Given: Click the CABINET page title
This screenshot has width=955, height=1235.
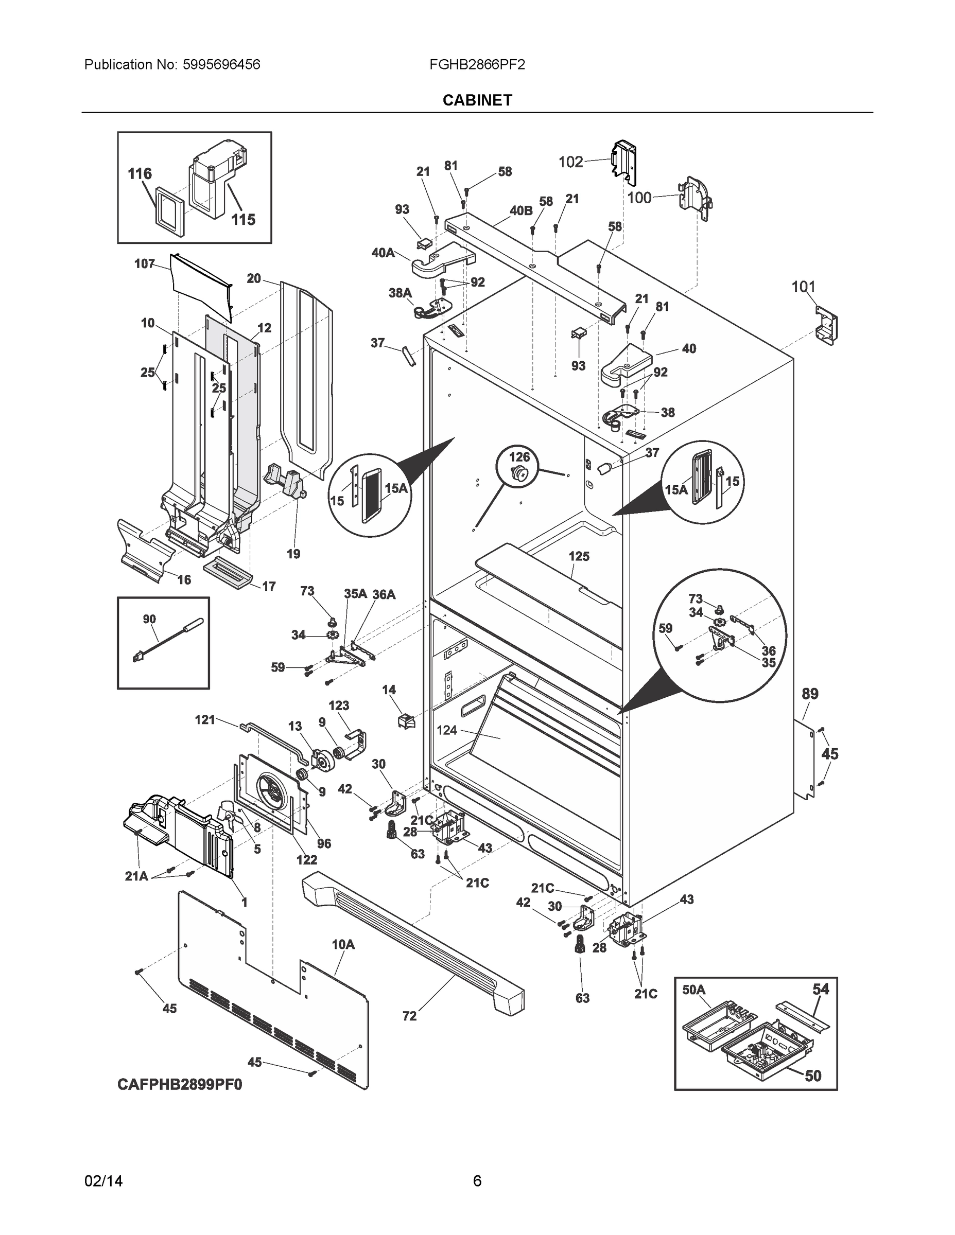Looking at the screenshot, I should (x=477, y=100).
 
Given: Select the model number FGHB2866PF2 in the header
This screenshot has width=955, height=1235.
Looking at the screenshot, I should (x=476, y=64).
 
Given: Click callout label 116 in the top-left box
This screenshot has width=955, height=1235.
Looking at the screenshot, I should (x=140, y=173).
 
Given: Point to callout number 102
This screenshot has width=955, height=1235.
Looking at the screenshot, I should (x=570, y=162).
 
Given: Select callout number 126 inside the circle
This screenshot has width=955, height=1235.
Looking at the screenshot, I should (x=519, y=456).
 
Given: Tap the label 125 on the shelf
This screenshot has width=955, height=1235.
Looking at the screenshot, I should (x=579, y=556).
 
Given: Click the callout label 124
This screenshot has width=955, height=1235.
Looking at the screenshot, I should (x=446, y=730).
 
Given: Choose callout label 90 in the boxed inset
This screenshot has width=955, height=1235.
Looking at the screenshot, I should (x=149, y=619).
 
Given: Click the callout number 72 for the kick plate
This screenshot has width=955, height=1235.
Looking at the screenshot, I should (x=410, y=1016).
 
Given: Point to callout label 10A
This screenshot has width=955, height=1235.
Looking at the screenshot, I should (x=343, y=944).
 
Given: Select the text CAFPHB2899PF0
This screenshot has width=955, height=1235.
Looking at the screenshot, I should (x=180, y=1085).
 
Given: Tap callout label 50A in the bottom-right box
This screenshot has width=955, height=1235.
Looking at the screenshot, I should (x=693, y=990).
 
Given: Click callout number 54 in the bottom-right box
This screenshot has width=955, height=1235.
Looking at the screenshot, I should (x=820, y=989).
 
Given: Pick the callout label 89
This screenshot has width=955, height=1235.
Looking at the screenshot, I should (x=810, y=694).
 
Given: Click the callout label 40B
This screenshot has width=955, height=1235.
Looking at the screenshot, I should (x=520, y=211).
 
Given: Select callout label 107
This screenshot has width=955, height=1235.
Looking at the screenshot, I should (x=144, y=263).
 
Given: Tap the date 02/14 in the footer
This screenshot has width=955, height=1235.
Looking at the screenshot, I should (x=103, y=1181).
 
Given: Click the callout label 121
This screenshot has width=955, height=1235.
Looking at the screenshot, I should (x=205, y=719).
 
